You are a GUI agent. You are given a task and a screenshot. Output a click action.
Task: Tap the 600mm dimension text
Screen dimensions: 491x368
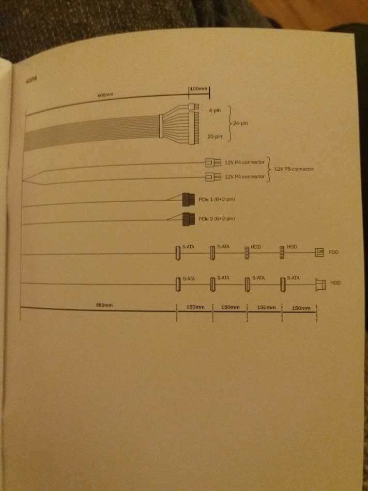point(105,95)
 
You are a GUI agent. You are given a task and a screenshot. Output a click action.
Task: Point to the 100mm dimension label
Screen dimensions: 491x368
point(198,89)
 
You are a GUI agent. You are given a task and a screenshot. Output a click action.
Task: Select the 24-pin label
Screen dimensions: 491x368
point(240,125)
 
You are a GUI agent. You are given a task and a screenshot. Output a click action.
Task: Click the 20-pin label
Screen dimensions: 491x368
point(214,137)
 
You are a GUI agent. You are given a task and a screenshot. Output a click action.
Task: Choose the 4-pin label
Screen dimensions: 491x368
point(215,111)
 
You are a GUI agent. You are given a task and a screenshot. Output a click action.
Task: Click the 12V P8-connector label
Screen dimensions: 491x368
point(294,169)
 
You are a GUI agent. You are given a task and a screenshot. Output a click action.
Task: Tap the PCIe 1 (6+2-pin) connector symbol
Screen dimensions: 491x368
point(188,198)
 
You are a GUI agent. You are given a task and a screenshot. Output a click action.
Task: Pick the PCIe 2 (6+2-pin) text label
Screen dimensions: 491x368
point(217,219)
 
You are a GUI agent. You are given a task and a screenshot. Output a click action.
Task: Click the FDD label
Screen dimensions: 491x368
point(333,252)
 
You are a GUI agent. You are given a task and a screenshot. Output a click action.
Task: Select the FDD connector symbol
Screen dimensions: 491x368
point(319,252)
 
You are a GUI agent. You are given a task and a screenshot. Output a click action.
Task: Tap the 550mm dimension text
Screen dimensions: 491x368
point(105,305)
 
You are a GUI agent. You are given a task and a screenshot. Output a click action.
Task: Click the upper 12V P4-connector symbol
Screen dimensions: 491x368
point(209,162)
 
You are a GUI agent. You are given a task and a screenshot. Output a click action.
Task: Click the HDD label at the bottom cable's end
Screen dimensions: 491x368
point(336,284)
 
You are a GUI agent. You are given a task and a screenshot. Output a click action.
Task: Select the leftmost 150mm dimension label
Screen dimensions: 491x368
point(195,307)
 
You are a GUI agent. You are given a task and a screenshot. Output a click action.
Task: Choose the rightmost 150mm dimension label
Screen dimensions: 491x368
point(301,308)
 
